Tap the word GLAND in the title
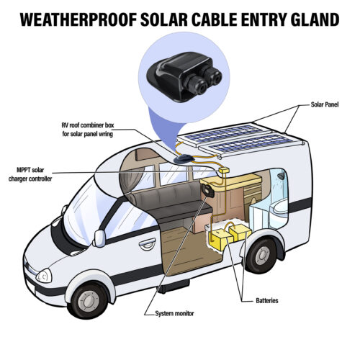tap(315, 19)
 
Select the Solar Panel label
tap(325, 104)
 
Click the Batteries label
tap(267, 300)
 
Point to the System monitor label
tap(174, 313)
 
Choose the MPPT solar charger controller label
tap(30, 174)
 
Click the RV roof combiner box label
tap(88, 130)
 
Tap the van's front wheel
tap(89, 300)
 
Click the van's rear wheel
tap(261, 255)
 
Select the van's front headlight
tap(44, 276)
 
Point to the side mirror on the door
tap(99, 238)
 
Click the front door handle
tap(148, 245)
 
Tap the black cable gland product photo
tap(184, 77)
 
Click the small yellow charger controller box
tap(224, 170)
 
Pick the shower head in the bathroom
tap(280, 176)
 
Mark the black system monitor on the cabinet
tap(208, 190)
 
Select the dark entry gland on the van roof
tap(184, 159)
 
